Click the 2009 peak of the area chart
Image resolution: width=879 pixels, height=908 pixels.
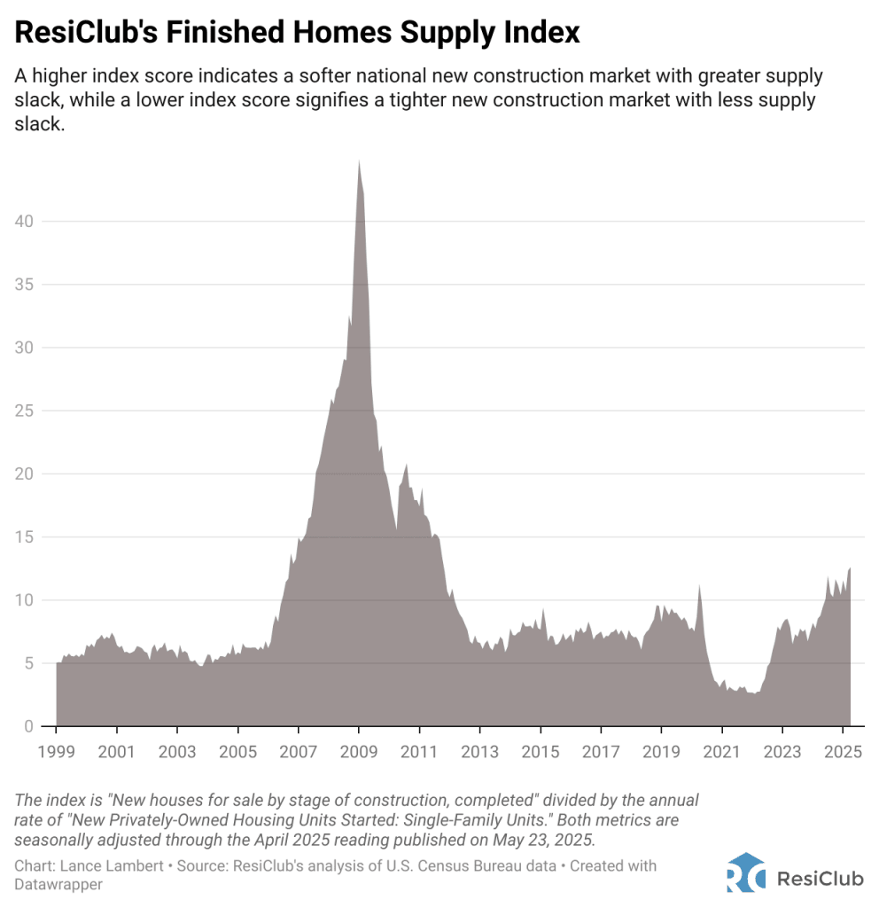pos(358,162)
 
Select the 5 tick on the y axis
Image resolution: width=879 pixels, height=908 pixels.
pos(29,663)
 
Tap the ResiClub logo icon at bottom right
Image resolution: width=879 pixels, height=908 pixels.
pos(744,872)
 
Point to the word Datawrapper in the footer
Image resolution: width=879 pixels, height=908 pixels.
pos(58,883)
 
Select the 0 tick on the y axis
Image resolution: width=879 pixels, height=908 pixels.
pos(29,726)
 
